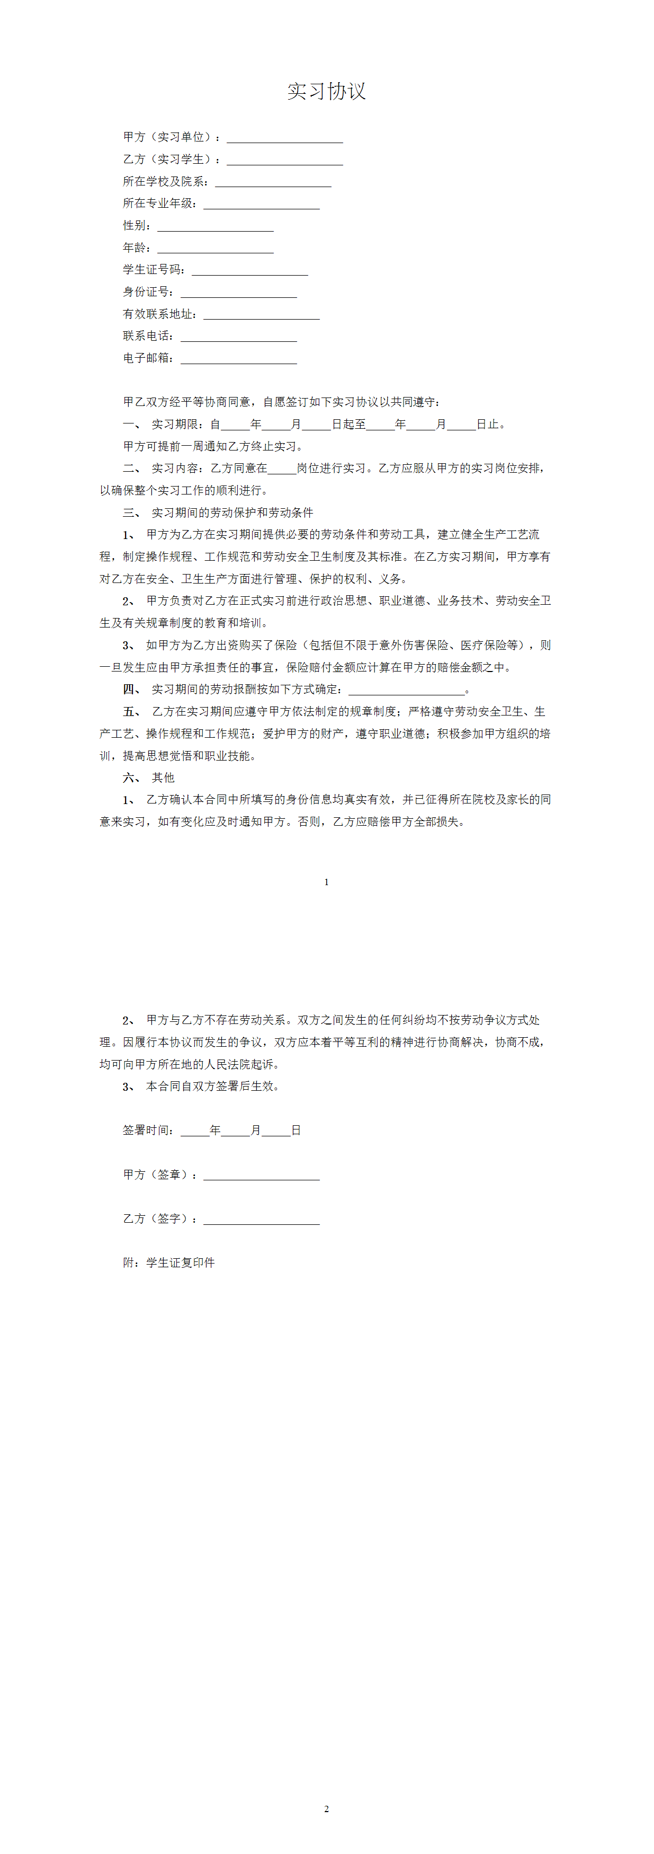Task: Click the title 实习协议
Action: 327,91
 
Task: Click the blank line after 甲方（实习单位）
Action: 284,138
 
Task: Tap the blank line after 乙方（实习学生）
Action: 284,161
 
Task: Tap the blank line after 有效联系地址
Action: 261,315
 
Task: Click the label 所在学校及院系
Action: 165,181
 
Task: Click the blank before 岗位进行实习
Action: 282,470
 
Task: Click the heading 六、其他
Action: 149,778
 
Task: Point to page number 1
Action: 327,881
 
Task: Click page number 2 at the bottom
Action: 327,1808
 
